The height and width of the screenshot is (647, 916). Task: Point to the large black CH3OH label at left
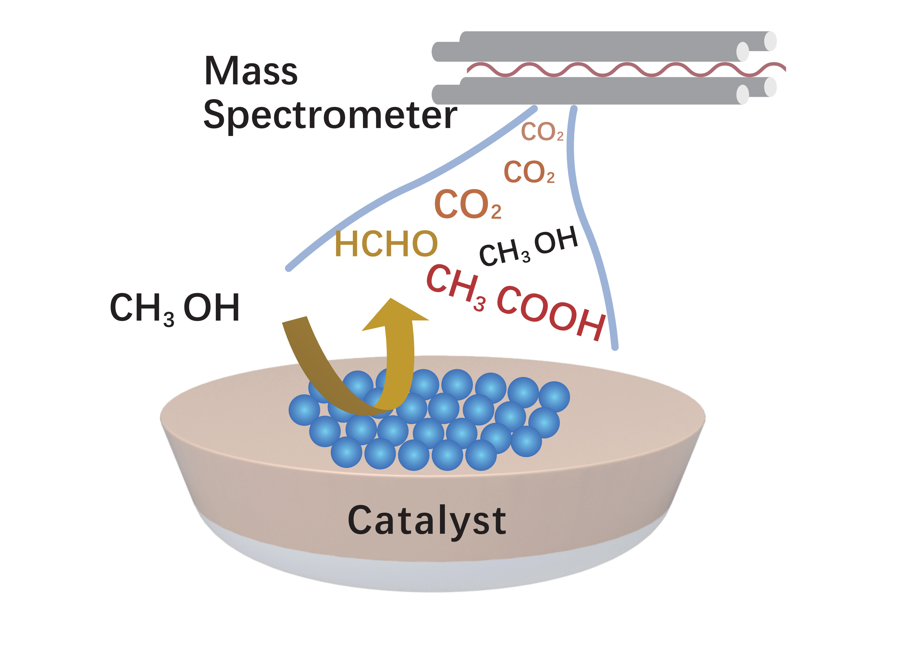tap(175, 309)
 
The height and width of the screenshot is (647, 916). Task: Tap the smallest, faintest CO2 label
tap(543, 132)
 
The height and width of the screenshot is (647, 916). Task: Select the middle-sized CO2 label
tap(529, 172)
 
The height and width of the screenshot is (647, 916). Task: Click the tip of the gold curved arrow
tap(391, 298)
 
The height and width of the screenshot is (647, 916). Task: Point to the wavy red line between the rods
tap(626, 69)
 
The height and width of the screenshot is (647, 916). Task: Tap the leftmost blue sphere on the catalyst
tap(304, 410)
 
